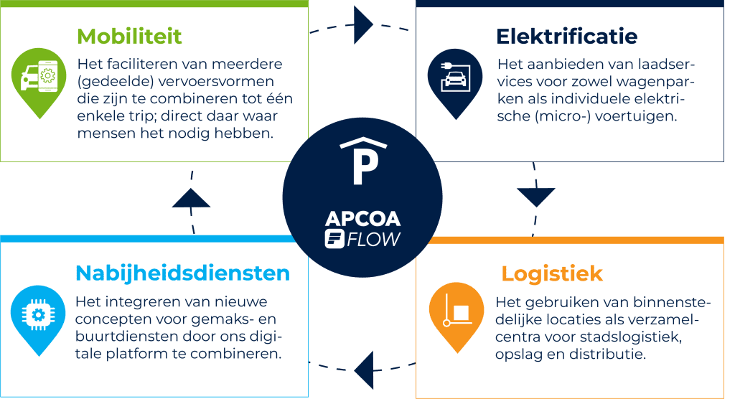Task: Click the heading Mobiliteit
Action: pos(129,37)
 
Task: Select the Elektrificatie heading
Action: pos(567,37)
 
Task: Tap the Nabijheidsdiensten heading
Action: pos(183,273)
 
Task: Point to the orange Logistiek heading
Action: pos(552,274)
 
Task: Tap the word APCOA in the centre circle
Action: pos(362,219)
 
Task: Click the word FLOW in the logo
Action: pos(373,240)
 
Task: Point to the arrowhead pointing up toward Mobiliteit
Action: pos(191,198)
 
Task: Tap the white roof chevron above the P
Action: pos(364,142)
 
